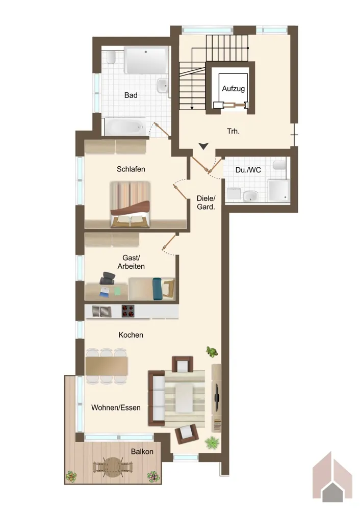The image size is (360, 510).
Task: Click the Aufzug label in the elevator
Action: [233, 88]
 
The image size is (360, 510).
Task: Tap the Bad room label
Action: [131, 95]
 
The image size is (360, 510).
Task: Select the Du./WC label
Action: [248, 170]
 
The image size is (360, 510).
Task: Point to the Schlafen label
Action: [131, 169]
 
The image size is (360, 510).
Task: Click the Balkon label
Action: [142, 451]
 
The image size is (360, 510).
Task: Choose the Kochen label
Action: [131, 335]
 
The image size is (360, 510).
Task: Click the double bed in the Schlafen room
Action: [130, 204]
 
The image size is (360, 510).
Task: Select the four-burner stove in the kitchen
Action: [128, 311]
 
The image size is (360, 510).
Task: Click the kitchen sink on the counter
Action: [101, 311]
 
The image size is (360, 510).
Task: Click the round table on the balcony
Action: [112, 467]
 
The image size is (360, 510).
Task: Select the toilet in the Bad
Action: [111, 58]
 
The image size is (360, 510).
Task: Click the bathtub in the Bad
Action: [124, 127]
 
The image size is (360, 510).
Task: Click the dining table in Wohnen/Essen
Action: [107, 366]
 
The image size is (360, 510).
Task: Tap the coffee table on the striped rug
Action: [184, 397]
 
